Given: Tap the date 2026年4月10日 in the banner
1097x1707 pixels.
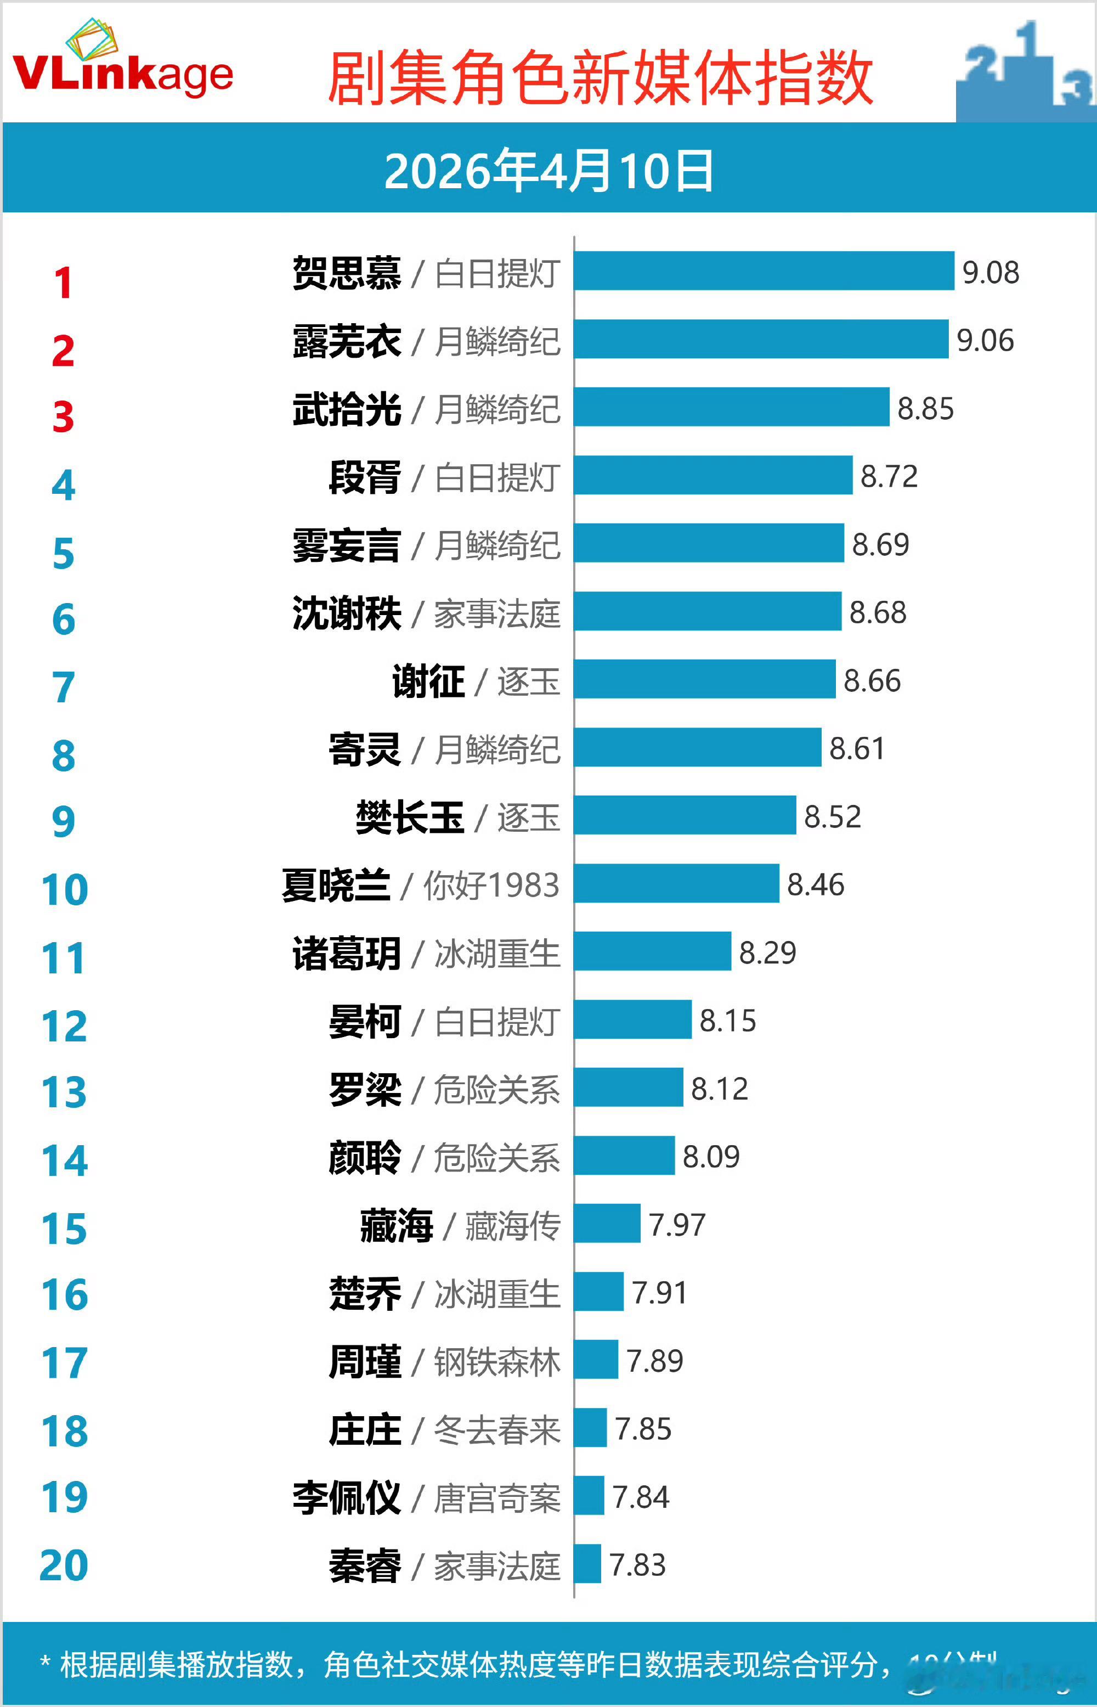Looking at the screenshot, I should point(548,171).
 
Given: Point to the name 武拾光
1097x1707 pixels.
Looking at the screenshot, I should point(347,409).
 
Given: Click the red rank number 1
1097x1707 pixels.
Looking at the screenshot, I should point(64,283).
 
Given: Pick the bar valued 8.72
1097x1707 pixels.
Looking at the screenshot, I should point(713,475).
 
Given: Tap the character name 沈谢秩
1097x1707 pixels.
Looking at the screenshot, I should point(347,613).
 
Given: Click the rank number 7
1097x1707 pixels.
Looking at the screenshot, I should point(64,688).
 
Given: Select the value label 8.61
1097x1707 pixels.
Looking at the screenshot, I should point(857,748).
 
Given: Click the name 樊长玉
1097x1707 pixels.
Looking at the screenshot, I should point(410,816).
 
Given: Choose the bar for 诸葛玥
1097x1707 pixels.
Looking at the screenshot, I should point(653,951).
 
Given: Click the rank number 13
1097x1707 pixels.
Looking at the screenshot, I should point(64,1092).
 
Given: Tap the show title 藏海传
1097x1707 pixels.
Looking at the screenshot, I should point(512,1225).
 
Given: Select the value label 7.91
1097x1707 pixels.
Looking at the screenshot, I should point(659,1292).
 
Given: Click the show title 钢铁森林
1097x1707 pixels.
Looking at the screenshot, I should point(496,1361).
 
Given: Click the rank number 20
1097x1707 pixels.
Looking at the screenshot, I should point(64,1565).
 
